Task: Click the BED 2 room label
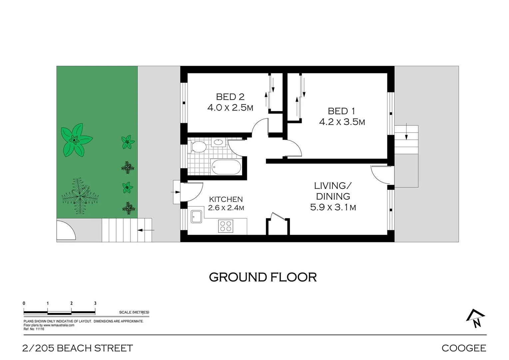click(230, 97)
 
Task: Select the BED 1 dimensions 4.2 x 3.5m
click(342, 122)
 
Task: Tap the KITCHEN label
click(226, 199)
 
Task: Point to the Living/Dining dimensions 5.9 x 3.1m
click(333, 207)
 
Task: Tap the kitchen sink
click(197, 217)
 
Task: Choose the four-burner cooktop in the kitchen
click(226, 226)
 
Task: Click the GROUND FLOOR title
click(262, 277)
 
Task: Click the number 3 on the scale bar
click(95, 303)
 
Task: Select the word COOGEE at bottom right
click(464, 348)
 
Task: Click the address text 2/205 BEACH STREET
click(78, 348)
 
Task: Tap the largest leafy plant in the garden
click(76, 140)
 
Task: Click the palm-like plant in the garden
click(80, 196)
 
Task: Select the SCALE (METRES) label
click(134, 312)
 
